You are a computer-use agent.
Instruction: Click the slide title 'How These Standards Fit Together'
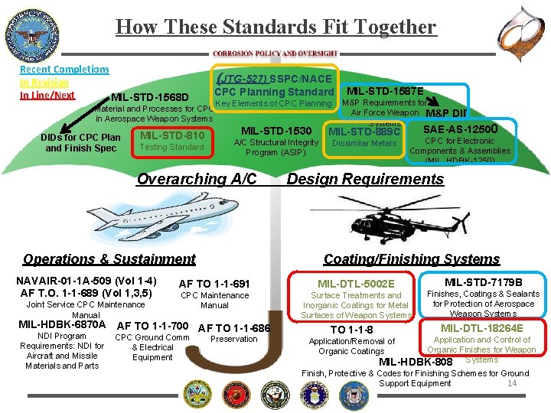pyautogui.click(x=275, y=28)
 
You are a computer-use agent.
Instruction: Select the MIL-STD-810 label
pyautogui.click(x=172, y=136)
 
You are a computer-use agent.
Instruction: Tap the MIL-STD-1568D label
pyautogui.click(x=150, y=97)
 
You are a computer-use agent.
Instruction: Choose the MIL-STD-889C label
pyautogui.click(x=364, y=132)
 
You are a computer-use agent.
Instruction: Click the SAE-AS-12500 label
pyautogui.click(x=461, y=128)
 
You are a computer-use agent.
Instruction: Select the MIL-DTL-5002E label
pyautogui.click(x=356, y=284)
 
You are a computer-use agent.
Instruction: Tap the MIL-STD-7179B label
pyautogui.click(x=484, y=282)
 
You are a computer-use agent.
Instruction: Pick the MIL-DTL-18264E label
pyautogui.click(x=482, y=328)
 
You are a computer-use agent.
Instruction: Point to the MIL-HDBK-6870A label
pyautogui.click(x=61, y=324)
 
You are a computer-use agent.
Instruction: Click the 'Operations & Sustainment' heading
pyautogui.click(x=109, y=259)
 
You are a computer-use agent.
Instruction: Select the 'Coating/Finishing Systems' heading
pyautogui.click(x=412, y=259)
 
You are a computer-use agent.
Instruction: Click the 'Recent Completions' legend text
pyautogui.click(x=64, y=69)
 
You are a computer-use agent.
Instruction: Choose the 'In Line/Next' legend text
pyautogui.click(x=47, y=95)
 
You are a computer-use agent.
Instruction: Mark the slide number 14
pyautogui.click(x=513, y=383)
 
